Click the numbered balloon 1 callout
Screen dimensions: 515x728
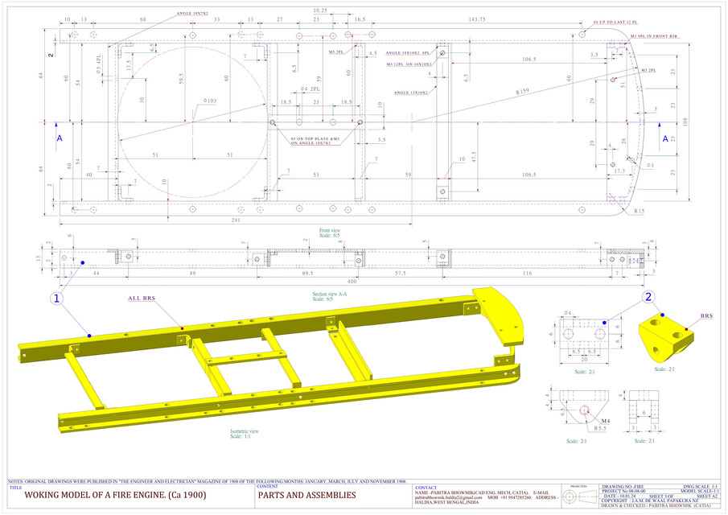tap(57, 298)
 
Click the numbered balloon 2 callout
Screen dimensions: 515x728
tap(648, 296)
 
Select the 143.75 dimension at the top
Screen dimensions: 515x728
tap(478, 19)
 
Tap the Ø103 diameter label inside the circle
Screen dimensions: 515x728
tap(207, 101)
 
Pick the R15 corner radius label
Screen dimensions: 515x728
tap(639, 211)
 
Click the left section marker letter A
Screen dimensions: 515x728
tap(59, 138)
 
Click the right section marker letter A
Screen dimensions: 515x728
tap(665, 138)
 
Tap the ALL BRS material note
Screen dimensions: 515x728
tap(141, 298)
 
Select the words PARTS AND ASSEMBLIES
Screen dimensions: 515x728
tap(306, 495)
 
